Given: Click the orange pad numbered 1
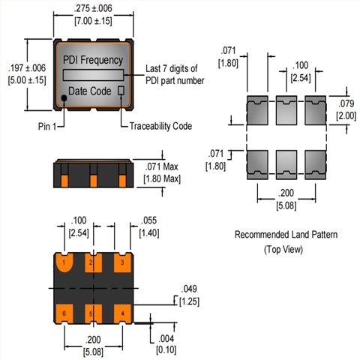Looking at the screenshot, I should pyautogui.click(x=67, y=264).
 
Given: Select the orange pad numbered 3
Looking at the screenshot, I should pyautogui.click(x=119, y=264).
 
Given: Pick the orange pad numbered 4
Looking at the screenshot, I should pyautogui.click(x=119, y=310).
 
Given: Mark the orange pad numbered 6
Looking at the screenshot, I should pyautogui.click(x=67, y=310).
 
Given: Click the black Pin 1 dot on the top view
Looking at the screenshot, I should pyautogui.click(x=64, y=98).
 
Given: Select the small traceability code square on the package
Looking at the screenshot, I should pyautogui.click(x=120, y=91).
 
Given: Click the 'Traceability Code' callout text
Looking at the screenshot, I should pyautogui.click(x=161, y=126).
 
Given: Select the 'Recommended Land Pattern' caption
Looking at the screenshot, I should pyautogui.click(x=286, y=235).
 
